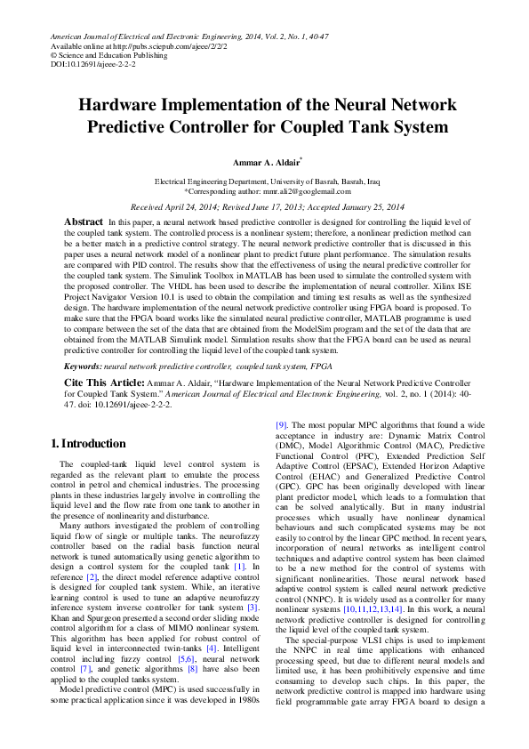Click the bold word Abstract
point(84,220)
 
